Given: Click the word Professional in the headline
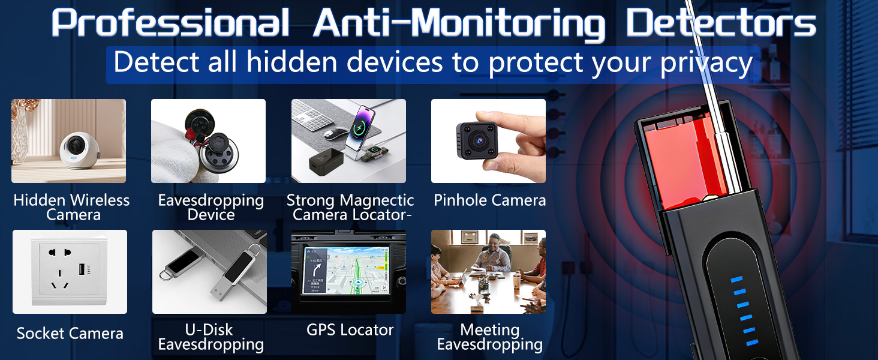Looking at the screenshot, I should [x=169, y=23].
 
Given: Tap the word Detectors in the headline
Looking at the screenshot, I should [x=720, y=24].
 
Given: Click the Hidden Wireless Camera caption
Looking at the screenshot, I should [x=71, y=208].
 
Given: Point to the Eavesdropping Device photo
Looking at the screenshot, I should [x=208, y=141].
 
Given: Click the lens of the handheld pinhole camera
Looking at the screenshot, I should [x=479, y=139].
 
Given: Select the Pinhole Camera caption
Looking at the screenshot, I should [x=489, y=200].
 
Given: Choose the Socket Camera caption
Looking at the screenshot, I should [x=70, y=334].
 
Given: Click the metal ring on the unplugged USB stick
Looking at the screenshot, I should [x=166, y=273].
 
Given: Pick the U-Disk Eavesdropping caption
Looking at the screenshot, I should [x=211, y=337].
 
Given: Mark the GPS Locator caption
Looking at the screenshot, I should [x=350, y=330].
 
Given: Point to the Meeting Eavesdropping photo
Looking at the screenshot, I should [x=488, y=272].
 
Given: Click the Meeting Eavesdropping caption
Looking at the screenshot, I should [x=489, y=337].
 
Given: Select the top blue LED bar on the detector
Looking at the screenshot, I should [x=736, y=280].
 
